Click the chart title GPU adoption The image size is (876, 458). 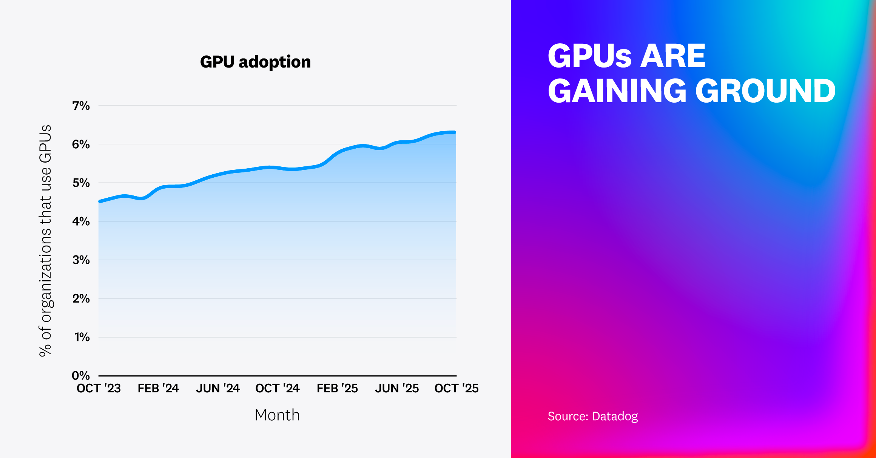[255, 62]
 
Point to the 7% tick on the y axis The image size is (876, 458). [81, 106]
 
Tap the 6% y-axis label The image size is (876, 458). [81, 144]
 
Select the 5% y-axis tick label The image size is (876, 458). [81, 183]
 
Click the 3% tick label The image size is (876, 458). [81, 260]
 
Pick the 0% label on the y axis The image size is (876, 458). [81, 375]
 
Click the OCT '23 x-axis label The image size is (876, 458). [99, 388]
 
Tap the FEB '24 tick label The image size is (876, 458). [158, 388]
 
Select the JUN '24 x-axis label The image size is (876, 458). [218, 388]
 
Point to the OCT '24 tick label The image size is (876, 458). [278, 388]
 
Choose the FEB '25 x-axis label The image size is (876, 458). [337, 388]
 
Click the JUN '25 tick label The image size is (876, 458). [397, 388]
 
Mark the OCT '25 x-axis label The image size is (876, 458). [457, 388]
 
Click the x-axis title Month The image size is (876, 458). [277, 415]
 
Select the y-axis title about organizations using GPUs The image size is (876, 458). [45, 240]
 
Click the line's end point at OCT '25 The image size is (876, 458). [455, 132]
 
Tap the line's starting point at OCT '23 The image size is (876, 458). [100, 201]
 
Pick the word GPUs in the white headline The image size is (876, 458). [589, 56]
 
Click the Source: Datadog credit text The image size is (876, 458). [592, 416]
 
